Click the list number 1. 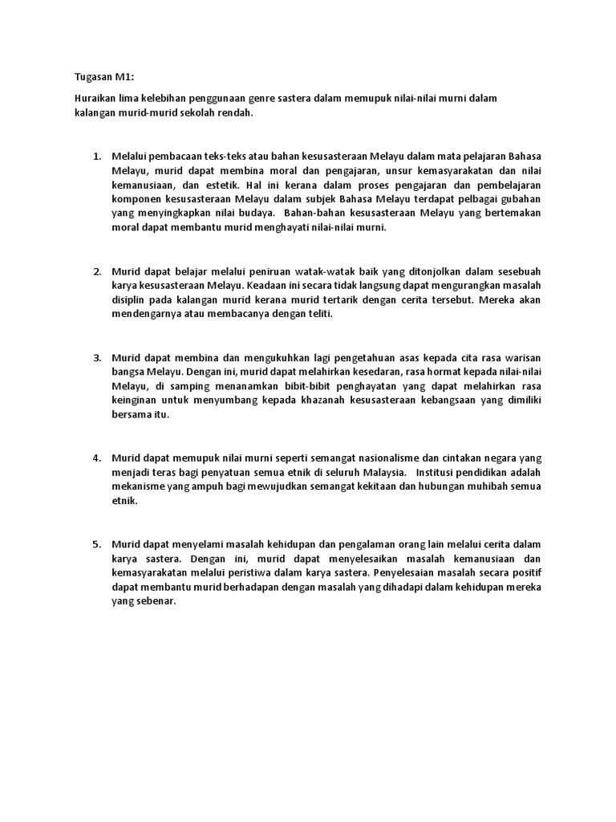(x=96, y=155)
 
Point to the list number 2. (x=96, y=271)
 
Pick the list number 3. (x=96, y=357)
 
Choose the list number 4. (x=96, y=458)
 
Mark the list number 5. (x=96, y=543)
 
